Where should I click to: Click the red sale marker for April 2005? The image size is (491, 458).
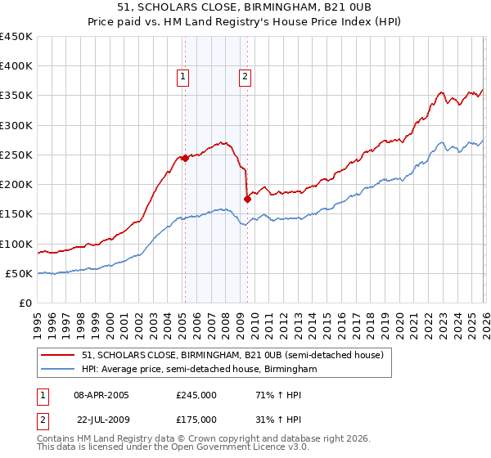pos(185,158)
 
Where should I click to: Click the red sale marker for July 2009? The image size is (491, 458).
pos(247,199)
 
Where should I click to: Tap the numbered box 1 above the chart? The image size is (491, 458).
pos(182,78)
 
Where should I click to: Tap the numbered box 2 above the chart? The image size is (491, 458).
pos(245,78)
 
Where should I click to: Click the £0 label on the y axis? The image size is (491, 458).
pos(25,303)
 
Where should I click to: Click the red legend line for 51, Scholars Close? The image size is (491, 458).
pos(60,356)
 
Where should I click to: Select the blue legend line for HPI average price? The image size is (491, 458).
pos(60,370)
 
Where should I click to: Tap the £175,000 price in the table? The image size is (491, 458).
pos(196,419)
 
